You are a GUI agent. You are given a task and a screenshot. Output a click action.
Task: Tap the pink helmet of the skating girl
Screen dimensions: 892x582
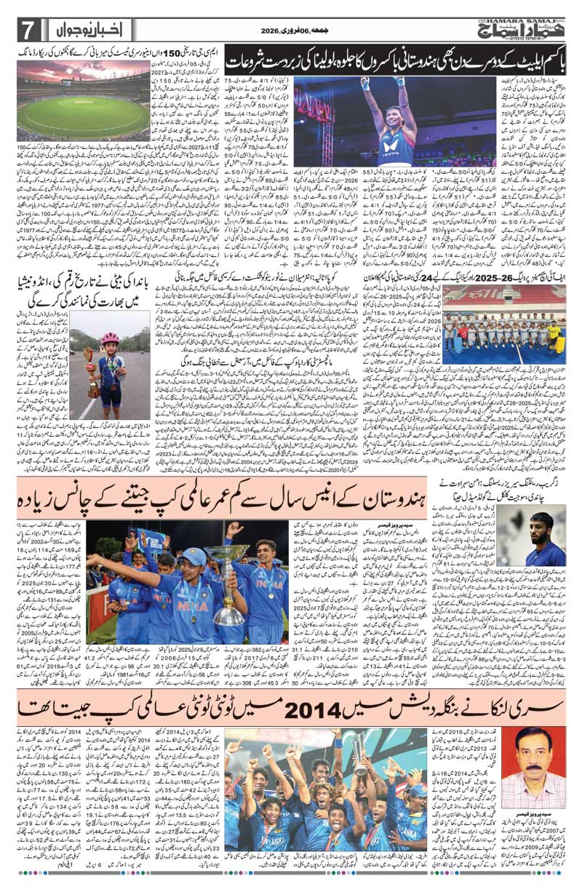(111, 338)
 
